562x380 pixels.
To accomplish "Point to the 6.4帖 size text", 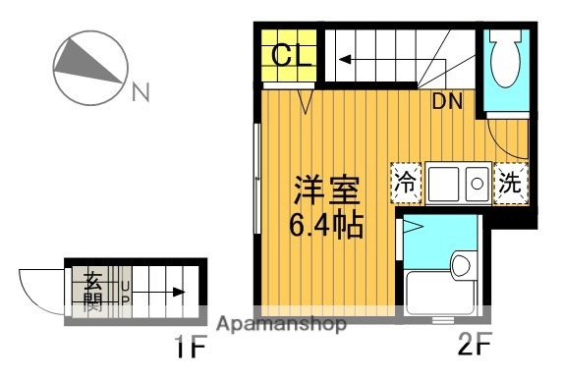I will (x=325, y=226).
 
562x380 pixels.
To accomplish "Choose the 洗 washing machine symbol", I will (x=511, y=182).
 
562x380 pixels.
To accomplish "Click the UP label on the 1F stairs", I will (x=125, y=291).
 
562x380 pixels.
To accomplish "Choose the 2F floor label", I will (x=475, y=348).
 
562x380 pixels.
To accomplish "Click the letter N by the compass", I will (x=141, y=94).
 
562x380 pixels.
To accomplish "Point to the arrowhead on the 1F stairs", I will (x=180, y=291).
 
